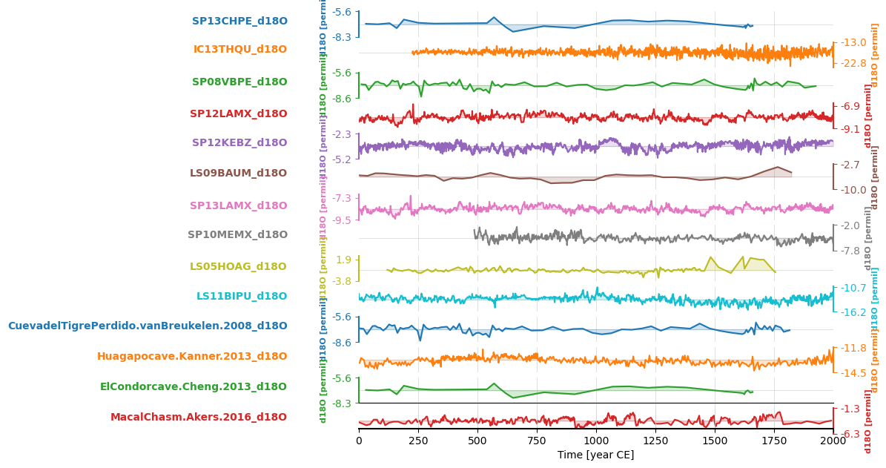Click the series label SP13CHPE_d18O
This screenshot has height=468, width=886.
pyautogui.click(x=239, y=22)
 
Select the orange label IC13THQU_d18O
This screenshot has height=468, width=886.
pyautogui.click(x=240, y=50)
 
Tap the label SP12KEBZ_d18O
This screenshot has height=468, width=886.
pyautogui.click(x=239, y=143)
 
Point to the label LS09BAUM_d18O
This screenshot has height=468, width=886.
pyautogui.click(x=238, y=174)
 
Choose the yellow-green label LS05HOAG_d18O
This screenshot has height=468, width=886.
pyautogui.click(x=238, y=267)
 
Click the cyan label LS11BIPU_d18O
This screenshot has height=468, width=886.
pyautogui.click(x=242, y=297)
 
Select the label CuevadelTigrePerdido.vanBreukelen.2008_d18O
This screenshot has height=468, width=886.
pyautogui.click(x=148, y=326)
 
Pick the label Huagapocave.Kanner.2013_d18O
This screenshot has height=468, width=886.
pyautogui.click(x=192, y=357)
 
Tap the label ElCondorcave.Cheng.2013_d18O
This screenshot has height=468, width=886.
pyautogui.click(x=194, y=387)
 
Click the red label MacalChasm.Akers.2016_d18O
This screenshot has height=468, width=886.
pyautogui.click(x=199, y=418)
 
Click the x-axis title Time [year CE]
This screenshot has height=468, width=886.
pyautogui.click(x=595, y=455)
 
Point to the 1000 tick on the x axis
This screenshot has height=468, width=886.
pyautogui.click(x=596, y=440)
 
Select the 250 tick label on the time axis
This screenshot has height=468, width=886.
pyautogui.click(x=418, y=440)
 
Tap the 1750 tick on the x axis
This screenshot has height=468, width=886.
pyautogui.click(x=774, y=440)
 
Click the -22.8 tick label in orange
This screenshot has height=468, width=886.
pyautogui.click(x=853, y=64)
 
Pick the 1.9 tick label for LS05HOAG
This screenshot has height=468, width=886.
pyautogui.click(x=344, y=260)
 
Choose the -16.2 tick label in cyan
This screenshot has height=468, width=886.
pyautogui.click(x=853, y=313)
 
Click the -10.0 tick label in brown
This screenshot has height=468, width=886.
pyautogui.click(x=853, y=191)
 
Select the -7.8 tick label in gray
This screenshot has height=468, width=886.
pyautogui.click(x=850, y=251)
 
